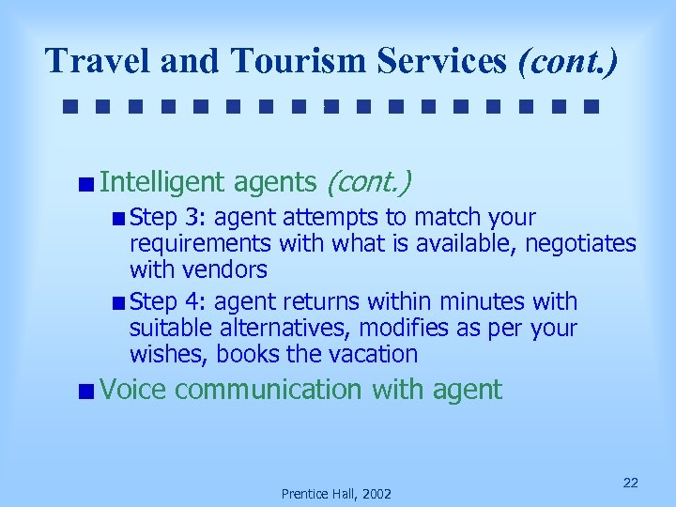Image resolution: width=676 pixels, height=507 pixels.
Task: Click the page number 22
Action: tap(631, 483)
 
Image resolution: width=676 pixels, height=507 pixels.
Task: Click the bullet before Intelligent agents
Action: tap(86, 183)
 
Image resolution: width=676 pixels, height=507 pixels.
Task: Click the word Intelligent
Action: tap(162, 181)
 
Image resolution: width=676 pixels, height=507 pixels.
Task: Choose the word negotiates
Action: tap(581, 244)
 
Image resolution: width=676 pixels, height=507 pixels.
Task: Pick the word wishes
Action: tap(169, 354)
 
